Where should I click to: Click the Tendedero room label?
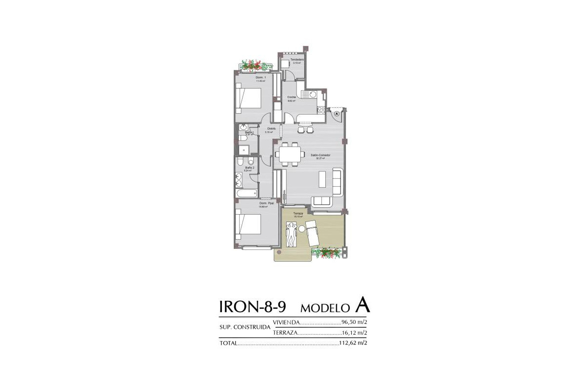[x=297, y=59]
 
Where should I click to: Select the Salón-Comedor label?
[x=320, y=155]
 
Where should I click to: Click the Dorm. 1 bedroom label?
[x=261, y=77]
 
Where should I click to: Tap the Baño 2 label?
[x=249, y=168]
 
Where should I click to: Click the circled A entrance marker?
[x=337, y=114]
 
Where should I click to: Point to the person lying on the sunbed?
[x=291, y=235]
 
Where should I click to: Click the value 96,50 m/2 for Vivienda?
[x=354, y=322]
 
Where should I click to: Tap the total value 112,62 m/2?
[x=353, y=343]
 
